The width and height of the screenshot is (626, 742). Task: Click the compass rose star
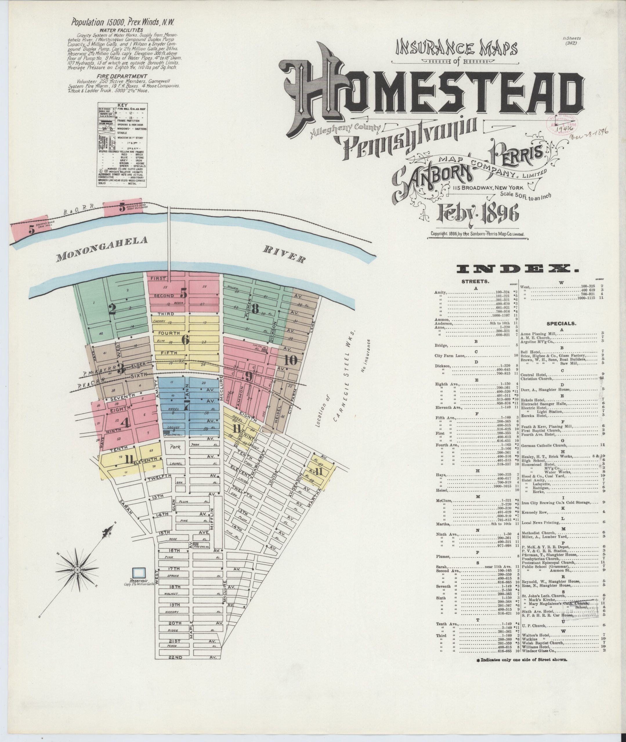(x=77, y=569)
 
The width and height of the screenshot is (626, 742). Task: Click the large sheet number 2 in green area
(x=113, y=309)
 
